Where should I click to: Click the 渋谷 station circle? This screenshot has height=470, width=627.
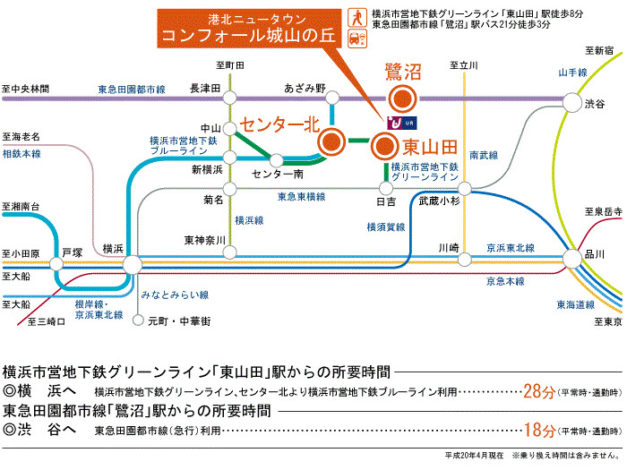(x=570, y=104)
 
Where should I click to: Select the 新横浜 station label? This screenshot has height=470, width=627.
(x=207, y=170)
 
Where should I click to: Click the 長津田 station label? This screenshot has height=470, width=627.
(x=205, y=88)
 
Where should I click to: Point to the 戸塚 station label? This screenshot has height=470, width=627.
(x=73, y=253)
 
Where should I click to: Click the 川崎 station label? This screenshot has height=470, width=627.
(x=449, y=247)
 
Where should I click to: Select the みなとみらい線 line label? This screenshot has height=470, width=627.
(x=175, y=295)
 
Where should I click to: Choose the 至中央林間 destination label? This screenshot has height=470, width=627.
(x=26, y=90)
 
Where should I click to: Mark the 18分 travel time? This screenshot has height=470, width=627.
(x=537, y=431)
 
